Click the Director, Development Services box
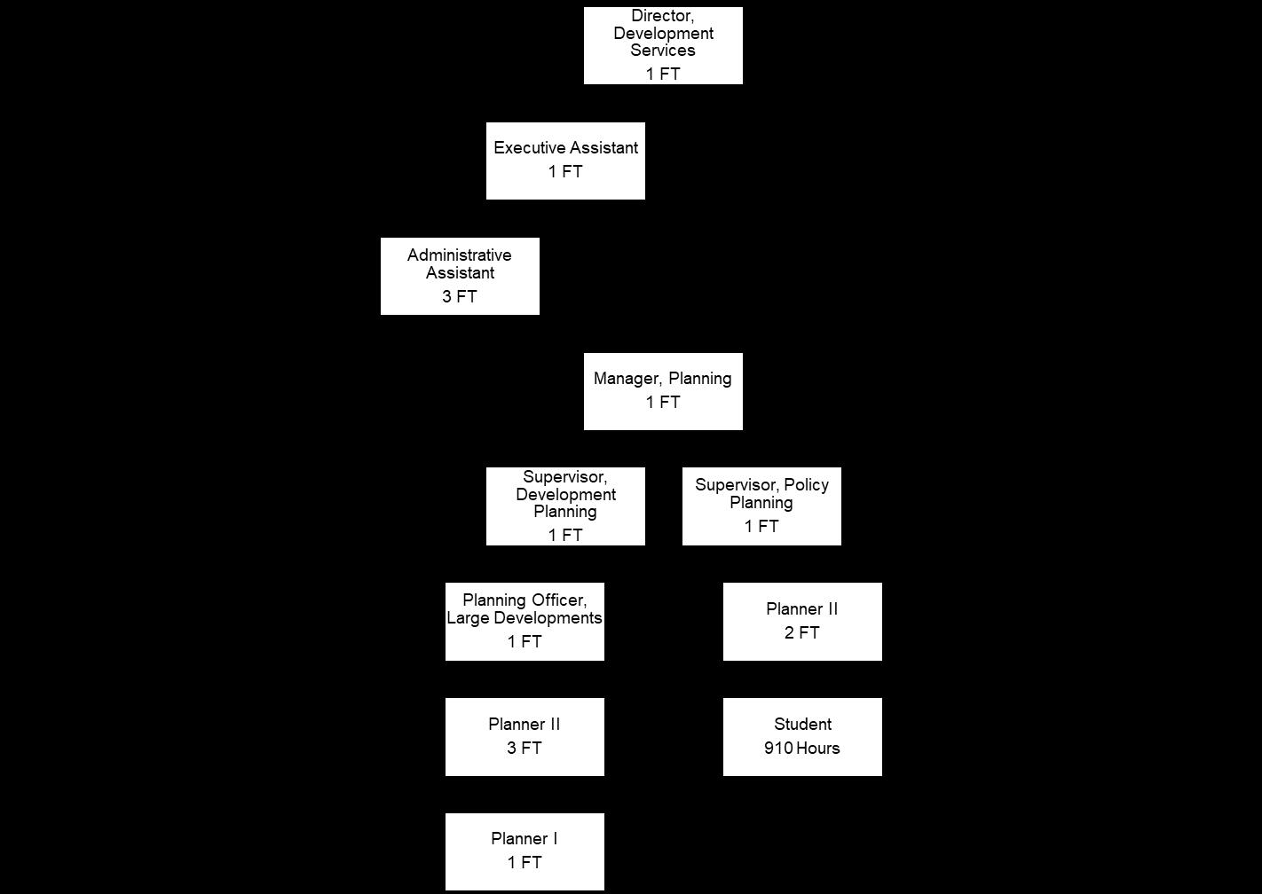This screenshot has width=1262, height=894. pyautogui.click(x=663, y=45)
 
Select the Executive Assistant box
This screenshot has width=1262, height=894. pyautogui.click(x=565, y=161)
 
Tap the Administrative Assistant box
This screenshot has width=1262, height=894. pyautogui.click(x=460, y=276)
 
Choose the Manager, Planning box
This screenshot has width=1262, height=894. pyautogui.click(x=663, y=391)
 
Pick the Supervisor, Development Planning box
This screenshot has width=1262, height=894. pyautogui.click(x=565, y=506)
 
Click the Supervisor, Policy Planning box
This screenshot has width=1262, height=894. pyautogui.click(x=761, y=506)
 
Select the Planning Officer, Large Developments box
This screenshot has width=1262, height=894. pyautogui.click(x=525, y=622)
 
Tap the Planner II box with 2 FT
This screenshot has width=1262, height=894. pyautogui.click(x=802, y=622)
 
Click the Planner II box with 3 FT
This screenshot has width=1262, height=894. pyautogui.click(x=525, y=737)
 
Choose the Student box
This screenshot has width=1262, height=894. pyautogui.click(x=802, y=737)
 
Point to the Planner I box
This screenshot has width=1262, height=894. pyautogui.click(x=525, y=851)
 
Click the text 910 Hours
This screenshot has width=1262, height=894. pyautogui.click(x=802, y=749)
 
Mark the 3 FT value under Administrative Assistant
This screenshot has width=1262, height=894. pyautogui.click(x=460, y=297)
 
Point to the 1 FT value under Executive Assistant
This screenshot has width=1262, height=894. pyautogui.click(x=565, y=172)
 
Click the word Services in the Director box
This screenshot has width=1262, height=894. pyautogui.click(x=663, y=51)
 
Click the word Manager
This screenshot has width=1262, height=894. pyautogui.click(x=628, y=379)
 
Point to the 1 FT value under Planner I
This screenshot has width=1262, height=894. pyautogui.click(x=525, y=863)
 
